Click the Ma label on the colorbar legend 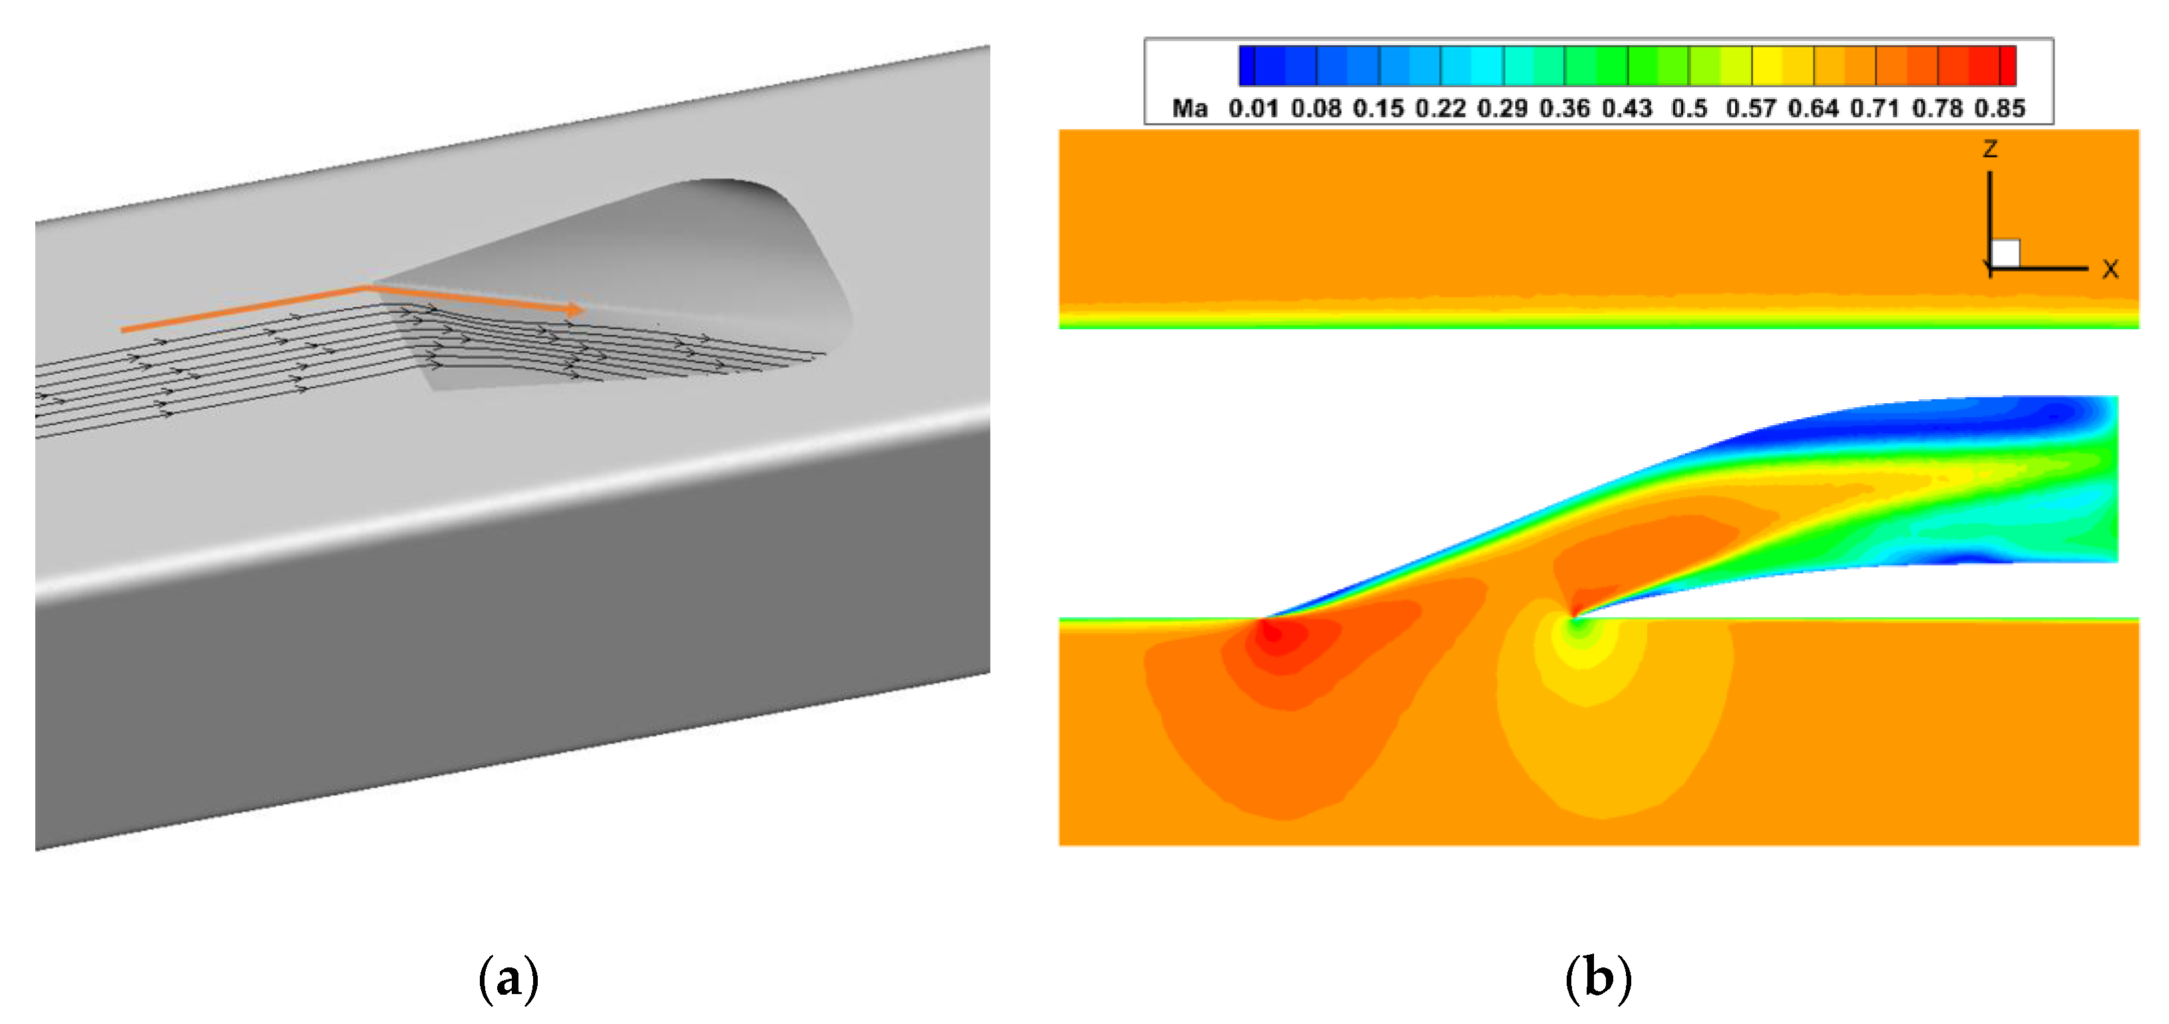tap(1190, 108)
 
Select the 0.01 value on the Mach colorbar tap(1253, 108)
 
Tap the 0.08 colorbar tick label tap(1315, 108)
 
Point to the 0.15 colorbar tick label tap(1378, 108)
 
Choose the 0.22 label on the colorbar tap(1440, 108)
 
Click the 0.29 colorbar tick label tap(1502, 108)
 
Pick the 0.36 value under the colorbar tap(1565, 108)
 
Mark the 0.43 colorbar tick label tap(1627, 108)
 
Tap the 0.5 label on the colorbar tap(1689, 108)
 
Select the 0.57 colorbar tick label tap(1750, 108)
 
